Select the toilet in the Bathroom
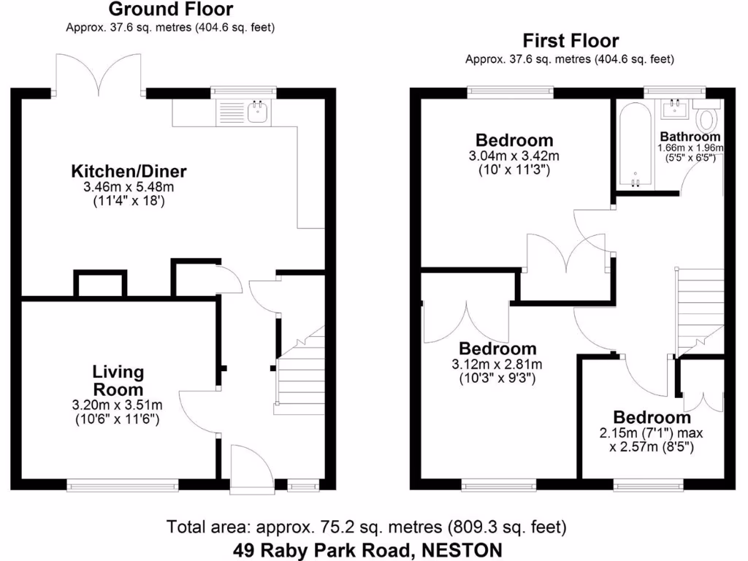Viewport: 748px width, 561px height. click(708, 117)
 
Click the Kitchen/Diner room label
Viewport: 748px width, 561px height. click(129, 172)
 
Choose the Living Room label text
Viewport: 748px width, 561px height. click(118, 381)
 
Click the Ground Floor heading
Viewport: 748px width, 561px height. click(171, 9)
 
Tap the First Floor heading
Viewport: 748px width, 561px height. click(570, 41)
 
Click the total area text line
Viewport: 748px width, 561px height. click(366, 526)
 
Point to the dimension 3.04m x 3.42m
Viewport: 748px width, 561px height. click(514, 156)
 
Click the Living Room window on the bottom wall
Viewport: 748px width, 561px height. click(123, 484)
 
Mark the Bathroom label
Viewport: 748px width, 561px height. click(690, 137)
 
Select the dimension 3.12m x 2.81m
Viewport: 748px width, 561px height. click(497, 365)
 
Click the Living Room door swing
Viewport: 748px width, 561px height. click(197, 413)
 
